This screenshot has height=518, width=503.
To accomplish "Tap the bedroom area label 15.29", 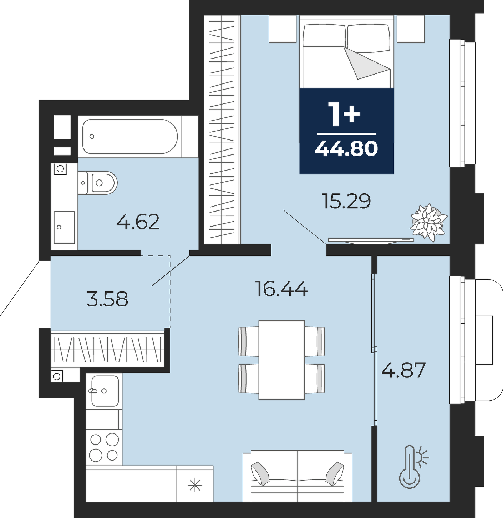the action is coord(346,201).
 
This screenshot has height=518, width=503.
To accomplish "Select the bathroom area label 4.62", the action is coord(138,222).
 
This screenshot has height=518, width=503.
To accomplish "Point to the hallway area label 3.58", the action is coord(107,299).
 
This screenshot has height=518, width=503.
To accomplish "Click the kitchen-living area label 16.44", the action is coord(281,289).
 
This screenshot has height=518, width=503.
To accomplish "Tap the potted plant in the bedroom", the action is coord(428,223).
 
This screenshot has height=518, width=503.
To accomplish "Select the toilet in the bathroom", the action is coord(98,183).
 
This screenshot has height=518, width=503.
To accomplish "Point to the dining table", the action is coord(281,360).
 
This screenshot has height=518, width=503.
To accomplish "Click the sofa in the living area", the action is coord(297,476).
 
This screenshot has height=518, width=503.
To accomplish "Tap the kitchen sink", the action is coord(105,391).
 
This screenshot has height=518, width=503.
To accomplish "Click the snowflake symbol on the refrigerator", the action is coord(195,485).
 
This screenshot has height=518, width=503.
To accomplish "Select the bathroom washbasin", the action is coord(64,227).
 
